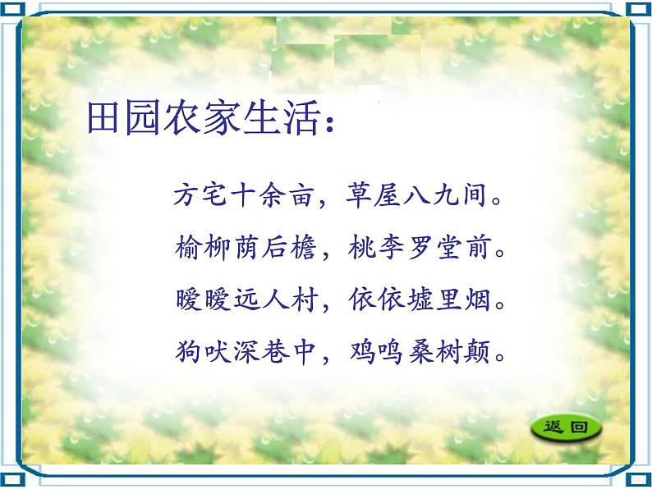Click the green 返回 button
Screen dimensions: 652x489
click(x=566, y=427)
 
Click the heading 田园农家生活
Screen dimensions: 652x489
click(x=204, y=118)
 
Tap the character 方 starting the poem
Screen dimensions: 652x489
click(x=186, y=194)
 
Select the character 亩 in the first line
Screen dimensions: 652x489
click(x=301, y=194)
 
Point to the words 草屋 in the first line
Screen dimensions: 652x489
click(x=374, y=194)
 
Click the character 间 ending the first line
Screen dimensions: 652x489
click(x=475, y=194)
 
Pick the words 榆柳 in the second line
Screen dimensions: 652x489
click(x=203, y=247)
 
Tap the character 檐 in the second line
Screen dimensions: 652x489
click(x=303, y=247)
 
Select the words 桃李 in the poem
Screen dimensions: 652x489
click(x=375, y=247)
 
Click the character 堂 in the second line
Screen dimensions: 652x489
click(x=448, y=247)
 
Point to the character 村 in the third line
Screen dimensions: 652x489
click(x=305, y=299)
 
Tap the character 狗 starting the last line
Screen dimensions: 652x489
click(x=188, y=351)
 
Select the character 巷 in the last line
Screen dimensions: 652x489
click(x=275, y=351)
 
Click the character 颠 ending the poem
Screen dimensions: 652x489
click(x=477, y=352)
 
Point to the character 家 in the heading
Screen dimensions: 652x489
click(x=223, y=118)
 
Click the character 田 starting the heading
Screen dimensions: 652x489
click(x=104, y=118)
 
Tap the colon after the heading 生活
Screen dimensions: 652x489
click(x=330, y=123)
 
